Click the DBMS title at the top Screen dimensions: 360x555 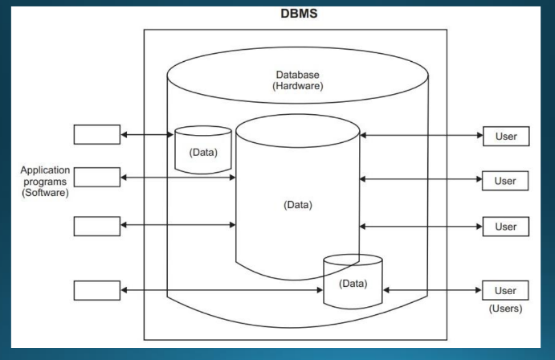[x=296, y=14]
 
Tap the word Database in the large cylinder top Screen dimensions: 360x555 [x=298, y=74]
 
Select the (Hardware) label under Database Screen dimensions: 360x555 [x=298, y=86]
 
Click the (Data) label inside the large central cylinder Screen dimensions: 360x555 [x=298, y=204]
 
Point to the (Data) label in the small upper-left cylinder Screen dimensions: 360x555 [x=202, y=152]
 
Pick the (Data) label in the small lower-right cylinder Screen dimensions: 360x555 [x=353, y=283]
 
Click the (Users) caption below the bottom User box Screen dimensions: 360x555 [x=505, y=308]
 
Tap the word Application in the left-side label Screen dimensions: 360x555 [x=46, y=171]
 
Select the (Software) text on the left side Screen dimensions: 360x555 [x=46, y=193]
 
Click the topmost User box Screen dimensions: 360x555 [x=505, y=136]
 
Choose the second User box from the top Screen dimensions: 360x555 [x=505, y=180]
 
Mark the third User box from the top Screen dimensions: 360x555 [x=505, y=227]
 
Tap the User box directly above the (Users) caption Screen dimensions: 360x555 [x=505, y=290]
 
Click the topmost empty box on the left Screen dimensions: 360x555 [x=96, y=134]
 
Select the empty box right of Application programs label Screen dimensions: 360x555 [x=96, y=177]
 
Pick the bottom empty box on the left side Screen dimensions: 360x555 [x=96, y=290]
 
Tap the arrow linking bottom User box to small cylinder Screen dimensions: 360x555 [x=432, y=290]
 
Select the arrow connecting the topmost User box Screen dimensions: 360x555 [x=421, y=136]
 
